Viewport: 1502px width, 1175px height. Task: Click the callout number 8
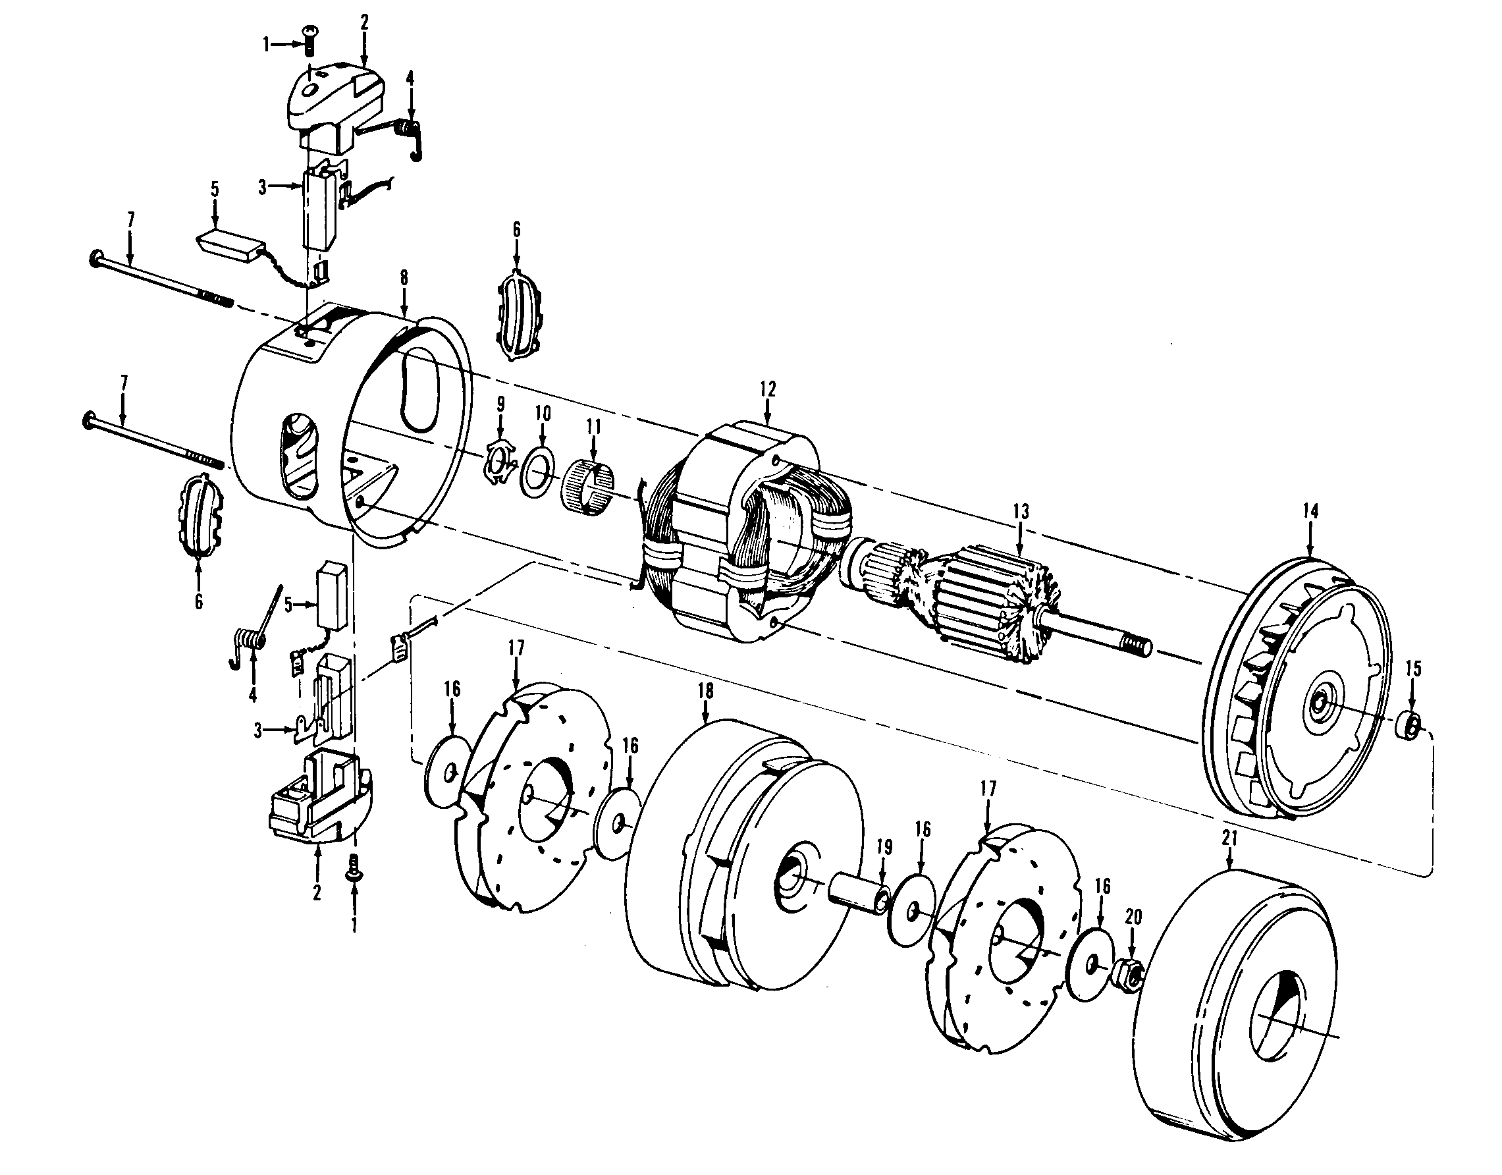coord(404,277)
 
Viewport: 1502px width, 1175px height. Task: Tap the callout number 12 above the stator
coord(768,389)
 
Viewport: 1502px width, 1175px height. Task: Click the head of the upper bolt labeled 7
coord(94,258)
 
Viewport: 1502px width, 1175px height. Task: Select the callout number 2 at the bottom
coord(316,892)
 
